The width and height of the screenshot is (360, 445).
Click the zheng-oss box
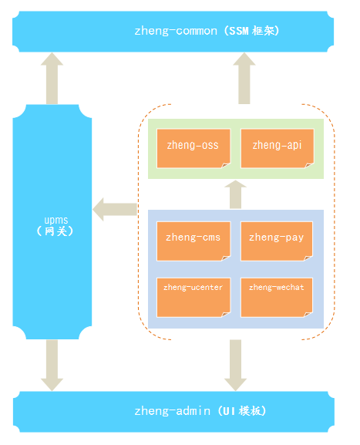pyautogui.click(x=193, y=148)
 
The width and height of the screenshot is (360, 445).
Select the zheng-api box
pyautogui.click(x=278, y=148)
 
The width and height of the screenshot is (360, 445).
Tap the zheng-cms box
pyautogui.click(x=193, y=241)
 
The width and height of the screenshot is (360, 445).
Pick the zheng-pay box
pyautogui.click(x=277, y=241)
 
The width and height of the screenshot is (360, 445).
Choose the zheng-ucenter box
pyautogui.click(x=193, y=298)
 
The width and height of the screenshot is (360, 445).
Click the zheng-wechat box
pyautogui.click(x=277, y=298)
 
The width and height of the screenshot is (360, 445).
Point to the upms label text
pyautogui.click(x=56, y=221)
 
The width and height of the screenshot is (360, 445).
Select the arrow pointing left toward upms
pyautogui.click(x=115, y=210)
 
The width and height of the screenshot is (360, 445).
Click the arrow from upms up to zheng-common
pyautogui.click(x=52, y=79)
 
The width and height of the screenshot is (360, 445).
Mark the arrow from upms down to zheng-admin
pyautogui.click(x=52, y=366)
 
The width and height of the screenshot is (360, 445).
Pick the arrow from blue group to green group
pyautogui.click(x=235, y=194)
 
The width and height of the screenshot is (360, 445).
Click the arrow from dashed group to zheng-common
pyautogui.click(x=244, y=79)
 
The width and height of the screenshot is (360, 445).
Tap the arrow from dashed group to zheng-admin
pyautogui.click(x=235, y=366)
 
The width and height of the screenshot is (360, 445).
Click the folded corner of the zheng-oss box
pyautogui.click(x=226, y=165)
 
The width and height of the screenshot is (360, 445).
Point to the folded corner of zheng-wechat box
pyautogui.click(x=308, y=314)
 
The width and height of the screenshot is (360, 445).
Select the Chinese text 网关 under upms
pyautogui.click(x=56, y=231)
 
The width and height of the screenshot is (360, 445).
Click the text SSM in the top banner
pyautogui.click(x=239, y=31)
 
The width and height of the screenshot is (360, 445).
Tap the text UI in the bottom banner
pyautogui.click(x=229, y=411)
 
